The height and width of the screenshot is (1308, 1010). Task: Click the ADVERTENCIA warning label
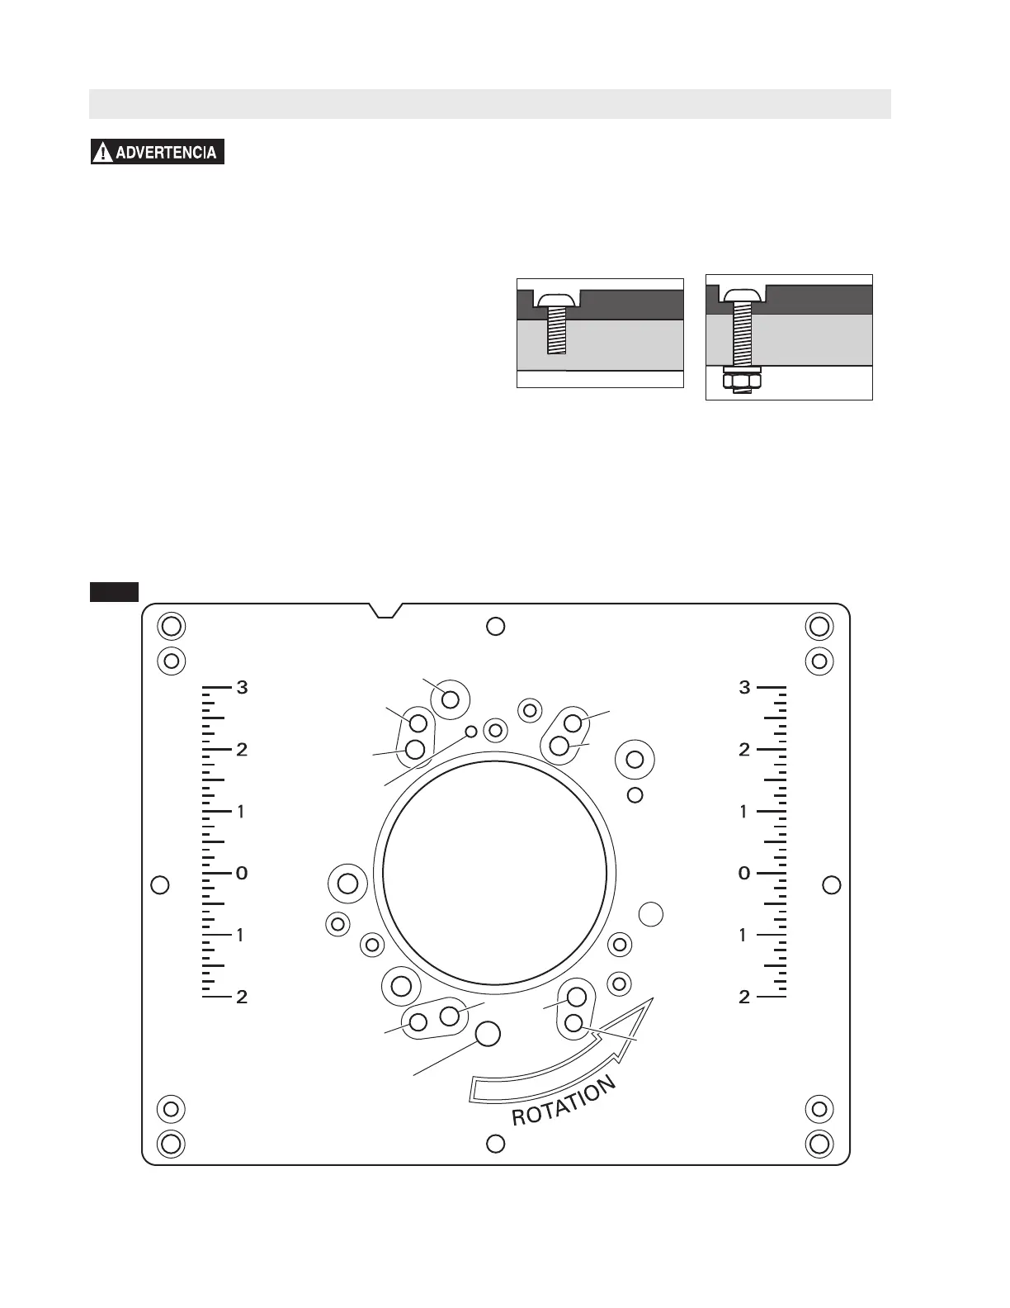coord(158,152)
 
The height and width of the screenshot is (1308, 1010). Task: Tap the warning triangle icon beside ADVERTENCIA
coord(103,152)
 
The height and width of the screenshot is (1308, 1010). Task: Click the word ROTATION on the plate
coord(564,1101)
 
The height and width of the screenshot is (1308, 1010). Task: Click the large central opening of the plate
coord(494,873)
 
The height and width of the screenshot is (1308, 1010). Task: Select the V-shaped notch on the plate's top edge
coord(385,610)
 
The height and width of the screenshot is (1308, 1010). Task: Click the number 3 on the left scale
coord(242,687)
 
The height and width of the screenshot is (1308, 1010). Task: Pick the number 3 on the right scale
coord(745,687)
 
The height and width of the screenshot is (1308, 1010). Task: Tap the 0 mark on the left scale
coord(242,873)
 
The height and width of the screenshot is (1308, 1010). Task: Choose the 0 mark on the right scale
coord(744,873)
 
